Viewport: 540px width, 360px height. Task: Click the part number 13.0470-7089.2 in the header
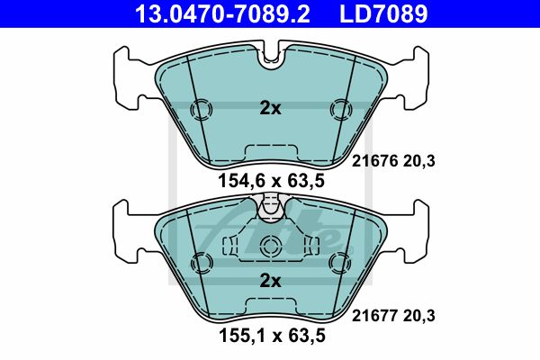223,13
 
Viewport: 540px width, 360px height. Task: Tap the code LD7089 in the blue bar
383,13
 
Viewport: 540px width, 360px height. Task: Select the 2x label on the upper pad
270,109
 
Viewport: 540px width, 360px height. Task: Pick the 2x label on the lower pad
270,282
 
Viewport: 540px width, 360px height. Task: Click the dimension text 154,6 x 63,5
272,181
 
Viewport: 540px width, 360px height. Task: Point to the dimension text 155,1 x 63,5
272,336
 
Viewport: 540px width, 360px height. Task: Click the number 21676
374,161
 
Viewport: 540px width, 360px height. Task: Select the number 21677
374,316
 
